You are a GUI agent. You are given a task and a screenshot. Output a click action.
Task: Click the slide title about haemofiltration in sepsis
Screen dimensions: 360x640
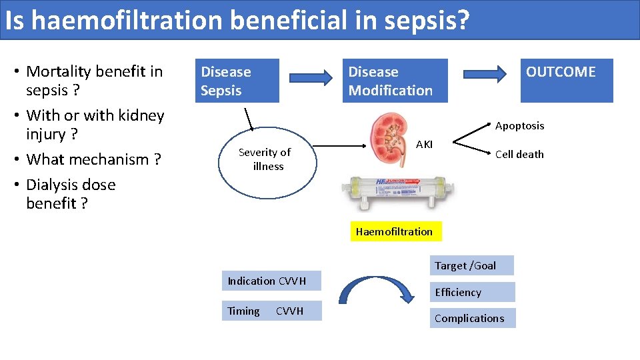click(237, 21)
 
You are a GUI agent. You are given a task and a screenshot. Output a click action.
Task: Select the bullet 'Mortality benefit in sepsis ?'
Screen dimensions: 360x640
click(93, 81)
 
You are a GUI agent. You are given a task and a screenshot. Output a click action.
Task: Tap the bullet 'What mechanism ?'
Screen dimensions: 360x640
click(93, 159)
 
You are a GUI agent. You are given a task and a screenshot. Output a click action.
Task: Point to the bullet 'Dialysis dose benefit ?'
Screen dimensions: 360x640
click(70, 194)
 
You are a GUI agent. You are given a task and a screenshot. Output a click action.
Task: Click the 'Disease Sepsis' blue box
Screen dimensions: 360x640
click(236, 81)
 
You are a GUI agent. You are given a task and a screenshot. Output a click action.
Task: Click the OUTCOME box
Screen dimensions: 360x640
click(566, 81)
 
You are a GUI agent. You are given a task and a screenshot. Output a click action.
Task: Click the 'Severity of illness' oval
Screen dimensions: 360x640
click(265, 160)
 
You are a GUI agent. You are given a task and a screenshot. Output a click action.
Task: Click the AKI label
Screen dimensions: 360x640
click(424, 144)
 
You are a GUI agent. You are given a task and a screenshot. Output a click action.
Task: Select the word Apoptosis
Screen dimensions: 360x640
click(519, 125)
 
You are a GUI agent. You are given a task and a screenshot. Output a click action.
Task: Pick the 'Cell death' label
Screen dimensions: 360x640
click(519, 154)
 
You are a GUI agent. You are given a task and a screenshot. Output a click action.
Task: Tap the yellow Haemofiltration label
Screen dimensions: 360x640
click(394, 231)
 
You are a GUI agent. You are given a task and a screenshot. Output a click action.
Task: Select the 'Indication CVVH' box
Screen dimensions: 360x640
click(271, 281)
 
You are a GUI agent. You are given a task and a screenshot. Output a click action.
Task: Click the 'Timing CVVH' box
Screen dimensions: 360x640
click(271, 311)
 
